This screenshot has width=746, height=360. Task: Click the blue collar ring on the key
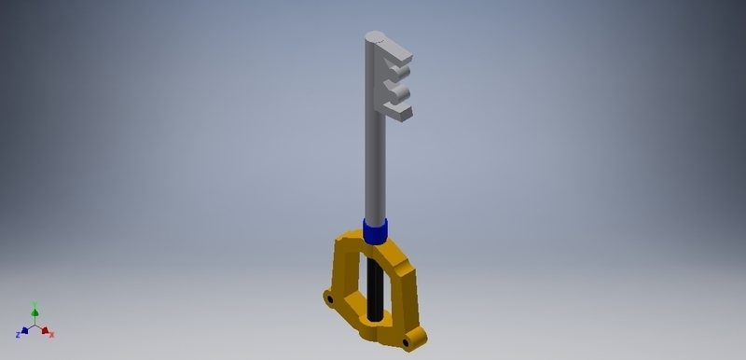click(x=375, y=230)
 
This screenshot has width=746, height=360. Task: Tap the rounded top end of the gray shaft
click(x=374, y=38)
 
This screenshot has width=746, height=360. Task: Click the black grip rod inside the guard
click(x=374, y=289)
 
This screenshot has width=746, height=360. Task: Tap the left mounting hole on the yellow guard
click(x=329, y=298)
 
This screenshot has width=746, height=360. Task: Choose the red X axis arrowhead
click(x=47, y=330)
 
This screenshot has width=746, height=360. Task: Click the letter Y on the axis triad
click(x=35, y=303)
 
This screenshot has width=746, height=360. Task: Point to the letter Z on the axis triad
click(x=18, y=334)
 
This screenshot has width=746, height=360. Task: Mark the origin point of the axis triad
click(x=35, y=325)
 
